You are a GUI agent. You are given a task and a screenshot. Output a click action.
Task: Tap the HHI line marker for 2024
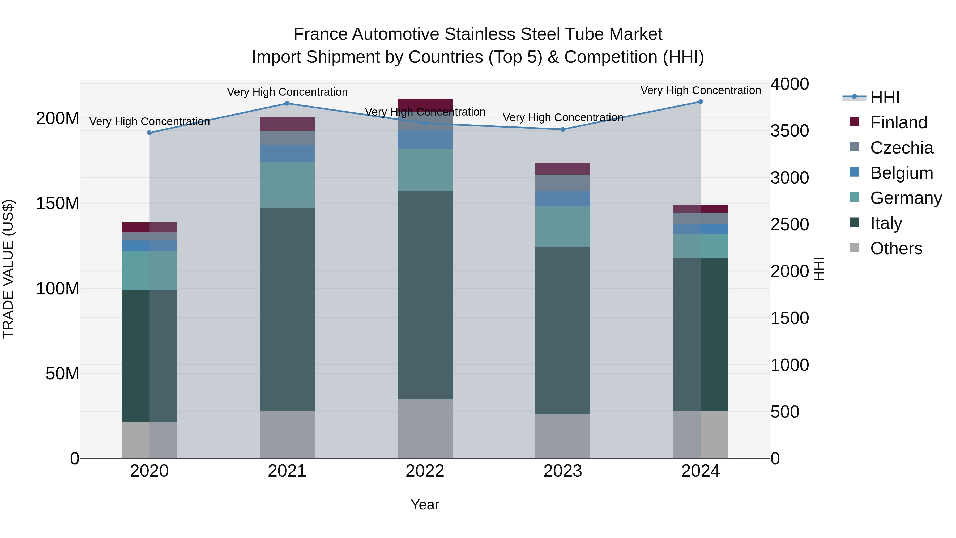click(700, 102)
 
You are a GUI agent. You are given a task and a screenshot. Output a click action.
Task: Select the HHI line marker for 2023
click(563, 130)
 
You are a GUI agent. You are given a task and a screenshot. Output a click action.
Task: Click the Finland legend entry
click(898, 122)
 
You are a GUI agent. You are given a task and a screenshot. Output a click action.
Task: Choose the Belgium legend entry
click(901, 173)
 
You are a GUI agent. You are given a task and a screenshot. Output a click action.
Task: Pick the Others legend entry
click(896, 248)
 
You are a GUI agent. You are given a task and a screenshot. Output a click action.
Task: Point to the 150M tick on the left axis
click(58, 204)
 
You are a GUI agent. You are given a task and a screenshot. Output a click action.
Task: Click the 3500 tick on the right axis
click(790, 131)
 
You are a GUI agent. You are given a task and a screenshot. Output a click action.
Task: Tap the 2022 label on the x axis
click(425, 471)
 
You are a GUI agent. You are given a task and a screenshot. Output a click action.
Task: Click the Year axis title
click(425, 505)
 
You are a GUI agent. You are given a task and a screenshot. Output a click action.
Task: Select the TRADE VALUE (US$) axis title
click(8, 269)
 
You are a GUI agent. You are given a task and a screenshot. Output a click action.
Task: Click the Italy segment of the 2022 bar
click(425, 295)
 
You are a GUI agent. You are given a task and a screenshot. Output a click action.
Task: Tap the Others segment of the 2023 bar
click(563, 436)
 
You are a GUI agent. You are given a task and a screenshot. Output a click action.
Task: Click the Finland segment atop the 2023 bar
click(563, 168)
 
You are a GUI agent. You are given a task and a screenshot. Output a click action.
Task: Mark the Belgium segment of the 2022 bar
click(425, 139)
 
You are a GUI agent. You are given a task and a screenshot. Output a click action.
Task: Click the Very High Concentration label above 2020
click(150, 121)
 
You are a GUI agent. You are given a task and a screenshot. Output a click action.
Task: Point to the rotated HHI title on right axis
click(819, 269)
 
